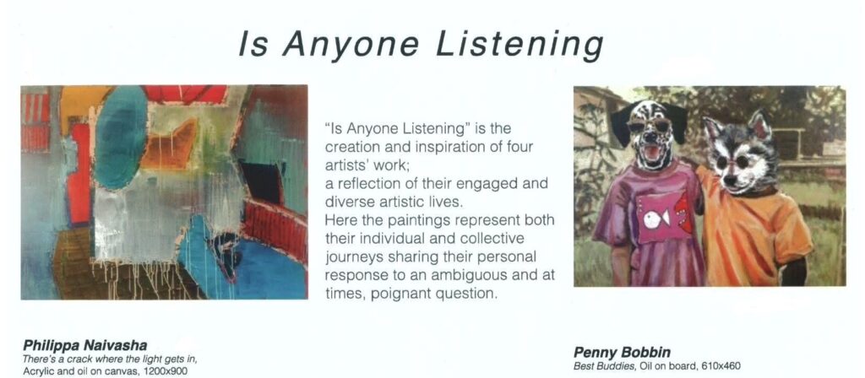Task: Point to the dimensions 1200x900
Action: [x=165, y=372]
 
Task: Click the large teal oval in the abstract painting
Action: [x=121, y=138]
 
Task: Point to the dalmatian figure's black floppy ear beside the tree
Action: [x=621, y=124]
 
